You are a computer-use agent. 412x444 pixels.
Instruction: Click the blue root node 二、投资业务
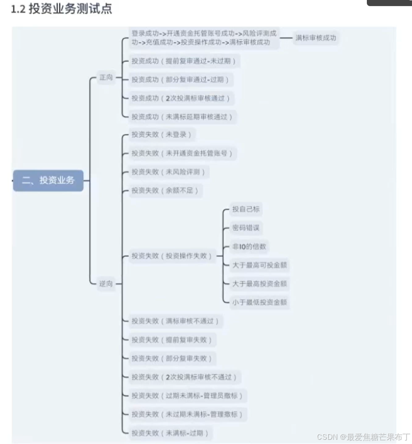[x=48, y=180]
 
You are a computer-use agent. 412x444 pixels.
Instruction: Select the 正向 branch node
[x=106, y=77]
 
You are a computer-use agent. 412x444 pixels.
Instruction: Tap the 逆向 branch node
[x=106, y=284]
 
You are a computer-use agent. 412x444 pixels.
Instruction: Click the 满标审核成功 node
[x=316, y=38]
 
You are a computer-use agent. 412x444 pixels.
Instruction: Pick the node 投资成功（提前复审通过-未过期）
[x=183, y=61]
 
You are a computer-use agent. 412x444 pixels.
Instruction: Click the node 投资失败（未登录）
[x=162, y=134]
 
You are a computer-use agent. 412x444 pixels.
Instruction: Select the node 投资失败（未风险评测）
[x=168, y=172]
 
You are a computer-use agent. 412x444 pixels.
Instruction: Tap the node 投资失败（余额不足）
[x=165, y=190]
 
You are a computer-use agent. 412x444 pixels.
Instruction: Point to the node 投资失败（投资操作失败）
[x=172, y=256]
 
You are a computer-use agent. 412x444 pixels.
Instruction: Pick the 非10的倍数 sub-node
[x=250, y=246]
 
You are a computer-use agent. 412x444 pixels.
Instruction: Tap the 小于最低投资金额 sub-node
[x=259, y=302]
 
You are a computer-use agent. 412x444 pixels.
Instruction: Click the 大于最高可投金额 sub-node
[x=259, y=265]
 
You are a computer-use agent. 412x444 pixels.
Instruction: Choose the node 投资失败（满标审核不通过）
[x=175, y=321]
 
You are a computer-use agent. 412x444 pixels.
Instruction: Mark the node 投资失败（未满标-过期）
[x=169, y=433]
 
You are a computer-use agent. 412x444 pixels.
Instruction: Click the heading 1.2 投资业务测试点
[x=62, y=9]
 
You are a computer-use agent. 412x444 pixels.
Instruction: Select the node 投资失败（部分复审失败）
[x=172, y=358]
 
